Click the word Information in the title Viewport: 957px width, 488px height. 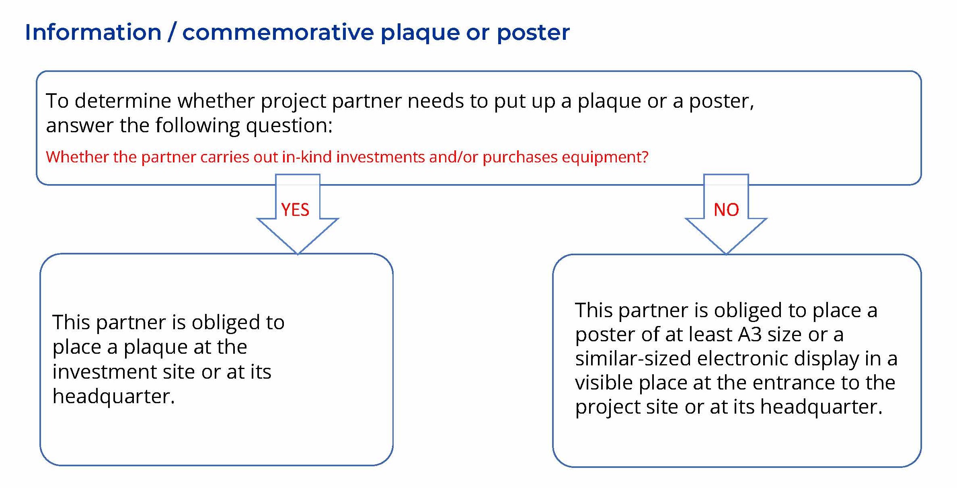93,32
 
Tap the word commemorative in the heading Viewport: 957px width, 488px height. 278,32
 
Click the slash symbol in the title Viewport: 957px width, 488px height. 172,32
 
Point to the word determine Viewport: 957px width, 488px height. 123,100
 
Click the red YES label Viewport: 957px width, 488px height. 295,210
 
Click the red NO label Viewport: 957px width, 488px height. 726,210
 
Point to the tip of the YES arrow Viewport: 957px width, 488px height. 298,254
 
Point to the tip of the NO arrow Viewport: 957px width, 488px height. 726,254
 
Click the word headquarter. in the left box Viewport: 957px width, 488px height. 114,397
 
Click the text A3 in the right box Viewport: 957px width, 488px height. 750,334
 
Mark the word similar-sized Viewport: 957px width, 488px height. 633,359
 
